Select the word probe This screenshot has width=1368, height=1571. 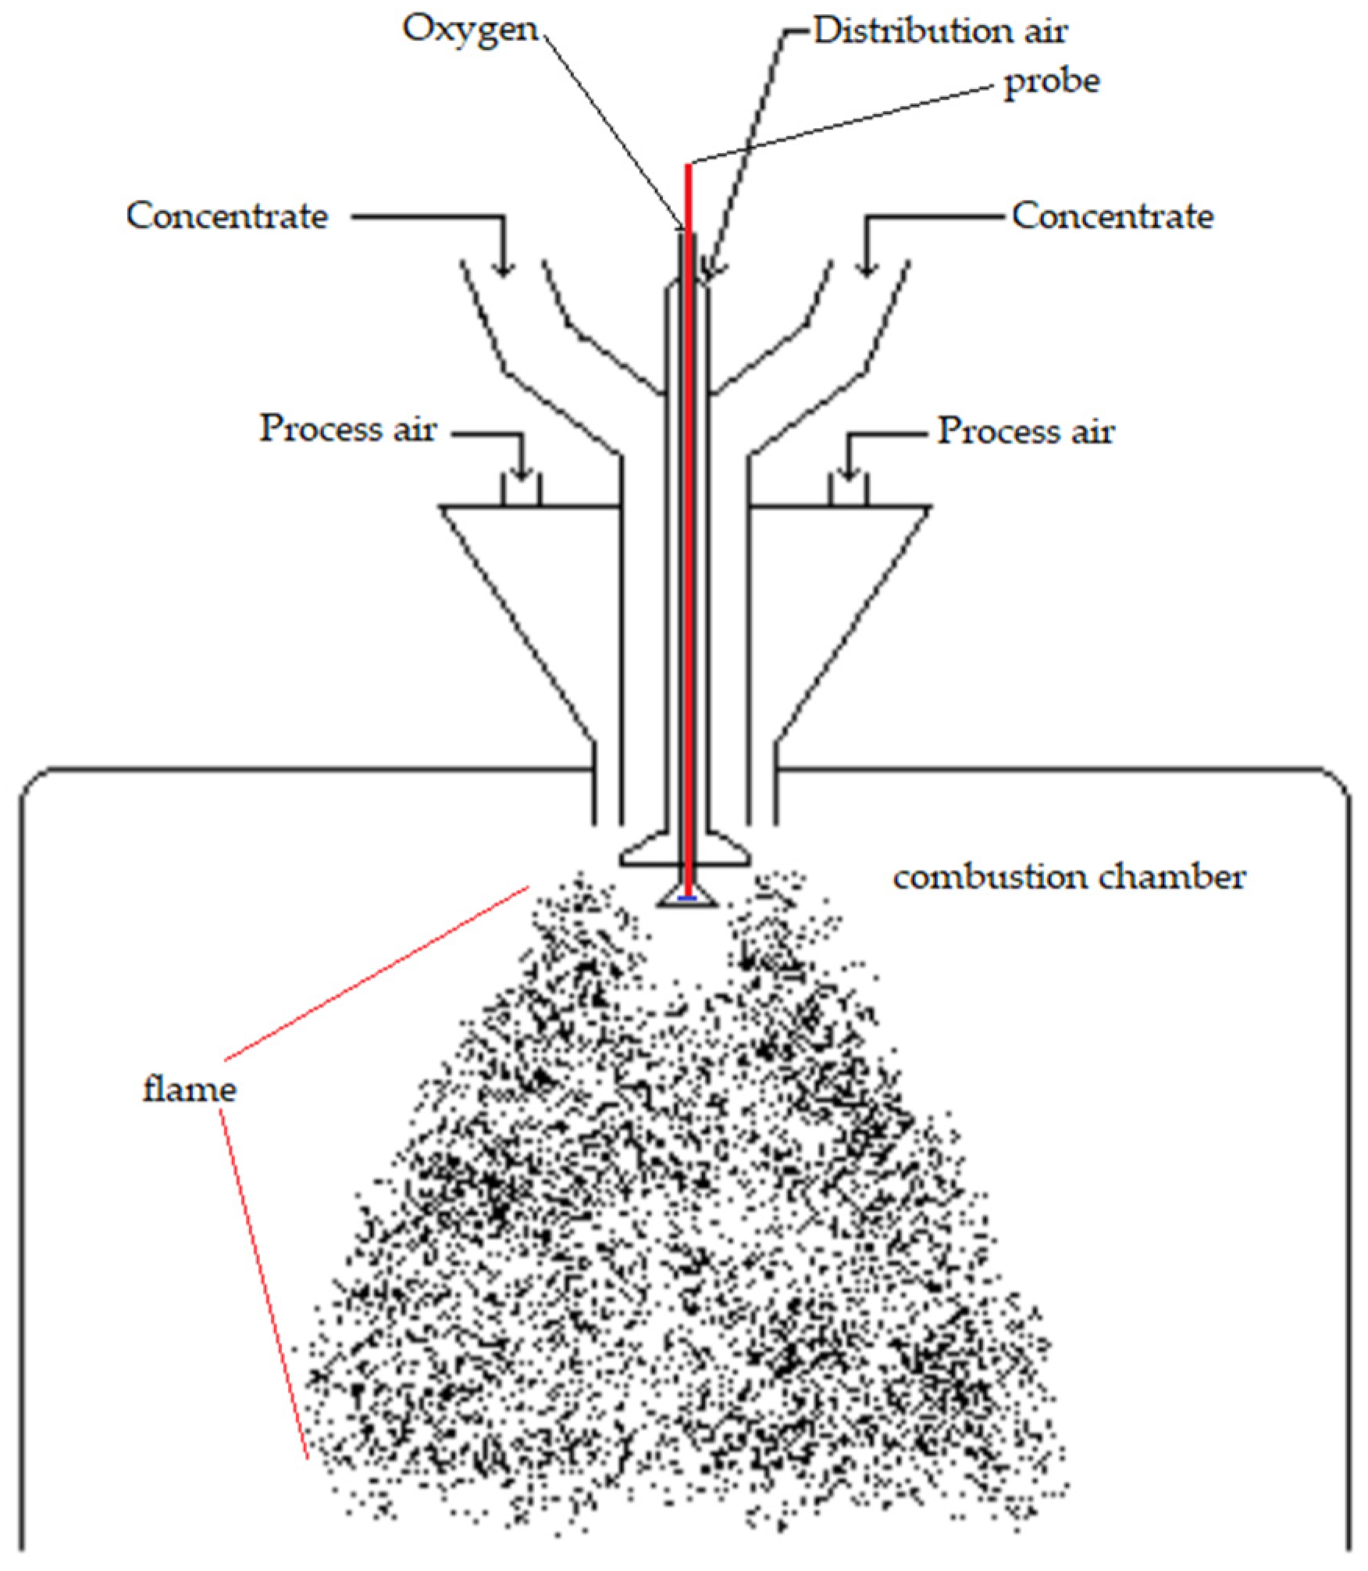click(x=1051, y=82)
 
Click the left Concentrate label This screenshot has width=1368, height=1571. click(x=226, y=216)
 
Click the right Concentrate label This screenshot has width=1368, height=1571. click(x=1112, y=216)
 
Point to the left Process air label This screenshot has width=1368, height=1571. click(x=347, y=429)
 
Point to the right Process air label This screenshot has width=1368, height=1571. click(x=1025, y=431)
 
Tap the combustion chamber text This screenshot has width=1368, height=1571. click(x=1068, y=878)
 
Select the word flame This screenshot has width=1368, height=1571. click(x=189, y=1089)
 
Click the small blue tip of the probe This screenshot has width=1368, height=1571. click(x=687, y=898)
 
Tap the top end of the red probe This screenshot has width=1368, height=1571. click(x=688, y=166)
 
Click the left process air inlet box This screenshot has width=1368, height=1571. click(x=521, y=491)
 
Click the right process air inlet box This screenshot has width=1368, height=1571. click(x=849, y=491)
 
